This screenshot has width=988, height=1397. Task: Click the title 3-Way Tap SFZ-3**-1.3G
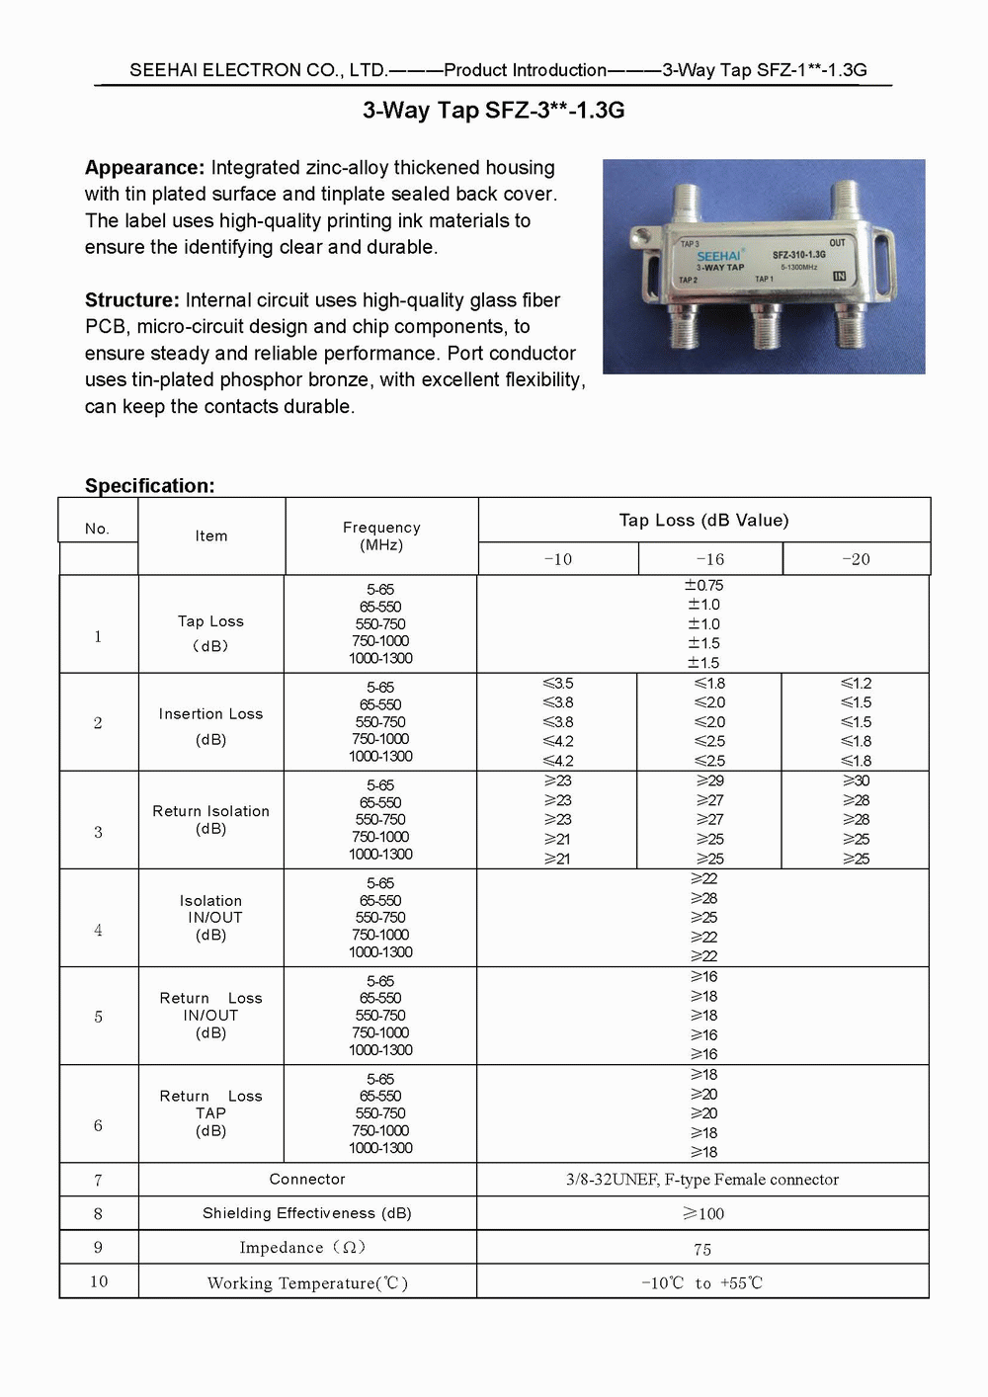(x=493, y=111)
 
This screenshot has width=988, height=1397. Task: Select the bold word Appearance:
(x=144, y=168)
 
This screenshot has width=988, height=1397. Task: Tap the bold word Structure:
(x=132, y=300)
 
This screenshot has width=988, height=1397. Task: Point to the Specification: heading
(x=149, y=485)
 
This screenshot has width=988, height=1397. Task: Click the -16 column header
(x=709, y=559)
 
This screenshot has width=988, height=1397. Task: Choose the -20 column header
(x=856, y=559)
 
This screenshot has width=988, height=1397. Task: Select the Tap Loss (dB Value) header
(x=703, y=521)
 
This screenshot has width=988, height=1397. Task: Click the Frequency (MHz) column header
(x=381, y=535)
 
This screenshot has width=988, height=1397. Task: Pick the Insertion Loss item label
(x=210, y=714)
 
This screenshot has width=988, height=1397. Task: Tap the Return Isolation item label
(x=210, y=811)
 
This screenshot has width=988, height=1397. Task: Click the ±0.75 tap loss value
(x=703, y=585)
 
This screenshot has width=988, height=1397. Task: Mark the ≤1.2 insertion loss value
(x=856, y=683)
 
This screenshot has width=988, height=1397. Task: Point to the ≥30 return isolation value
(x=856, y=781)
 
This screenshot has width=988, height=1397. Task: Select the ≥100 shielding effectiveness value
(x=703, y=1213)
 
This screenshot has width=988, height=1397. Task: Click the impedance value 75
(x=702, y=1249)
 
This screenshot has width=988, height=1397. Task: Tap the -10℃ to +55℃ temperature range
(x=702, y=1282)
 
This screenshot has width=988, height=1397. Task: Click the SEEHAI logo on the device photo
(x=719, y=256)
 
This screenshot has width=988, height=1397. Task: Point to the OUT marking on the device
(x=837, y=243)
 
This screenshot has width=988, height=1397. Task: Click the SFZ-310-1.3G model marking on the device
(x=798, y=255)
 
